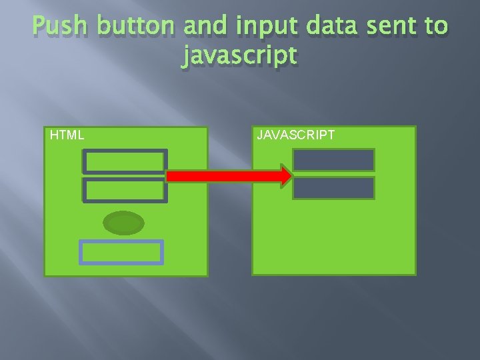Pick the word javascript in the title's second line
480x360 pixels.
(x=239, y=56)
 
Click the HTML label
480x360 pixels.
(x=67, y=135)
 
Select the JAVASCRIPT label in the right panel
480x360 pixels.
(x=296, y=135)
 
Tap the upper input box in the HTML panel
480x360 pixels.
(x=125, y=161)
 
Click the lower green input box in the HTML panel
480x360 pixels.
(x=125, y=190)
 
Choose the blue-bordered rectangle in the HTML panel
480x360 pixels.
(x=121, y=253)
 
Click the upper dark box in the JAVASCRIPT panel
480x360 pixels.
(x=333, y=159)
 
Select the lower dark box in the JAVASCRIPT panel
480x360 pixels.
(x=333, y=188)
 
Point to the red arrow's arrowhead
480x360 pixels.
(x=286, y=176)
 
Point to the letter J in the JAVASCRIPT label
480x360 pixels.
(x=260, y=135)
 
